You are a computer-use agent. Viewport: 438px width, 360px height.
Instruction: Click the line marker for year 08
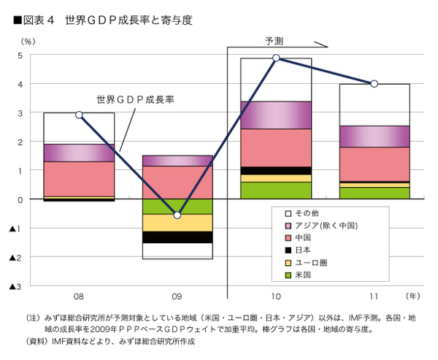79,115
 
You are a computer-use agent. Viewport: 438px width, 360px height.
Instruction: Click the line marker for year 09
177,215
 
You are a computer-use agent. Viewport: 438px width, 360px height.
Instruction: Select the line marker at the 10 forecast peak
276,58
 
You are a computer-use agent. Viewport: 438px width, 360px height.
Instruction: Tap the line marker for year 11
374,84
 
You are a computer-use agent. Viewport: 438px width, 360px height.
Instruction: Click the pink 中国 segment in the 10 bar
276,148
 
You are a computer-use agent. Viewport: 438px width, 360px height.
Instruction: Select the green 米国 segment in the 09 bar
177,206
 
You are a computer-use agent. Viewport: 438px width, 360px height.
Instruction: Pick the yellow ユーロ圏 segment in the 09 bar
177,223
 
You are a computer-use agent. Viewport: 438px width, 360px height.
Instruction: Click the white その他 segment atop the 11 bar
374,104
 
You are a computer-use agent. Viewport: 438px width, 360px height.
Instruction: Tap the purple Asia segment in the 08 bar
79,152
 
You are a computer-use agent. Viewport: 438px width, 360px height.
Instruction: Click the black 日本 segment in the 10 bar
276,170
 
